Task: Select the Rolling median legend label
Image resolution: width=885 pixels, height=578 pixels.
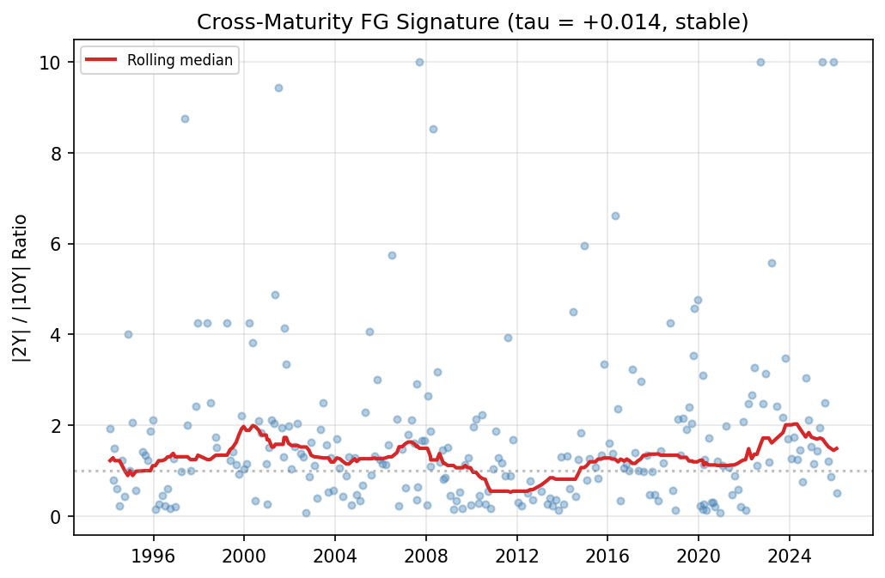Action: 180,60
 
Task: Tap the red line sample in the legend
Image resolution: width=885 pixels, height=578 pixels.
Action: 103,60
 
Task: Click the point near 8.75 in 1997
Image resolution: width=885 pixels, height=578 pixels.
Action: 185,119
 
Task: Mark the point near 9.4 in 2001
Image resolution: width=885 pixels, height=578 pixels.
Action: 278,88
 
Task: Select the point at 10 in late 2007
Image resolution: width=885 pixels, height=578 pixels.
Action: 419,62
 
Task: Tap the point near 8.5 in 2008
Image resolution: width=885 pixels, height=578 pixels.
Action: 433,129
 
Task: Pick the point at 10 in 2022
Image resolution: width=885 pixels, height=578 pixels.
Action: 760,62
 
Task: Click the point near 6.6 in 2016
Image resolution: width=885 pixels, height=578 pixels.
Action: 615,216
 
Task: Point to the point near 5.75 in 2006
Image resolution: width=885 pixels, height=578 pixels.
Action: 392,255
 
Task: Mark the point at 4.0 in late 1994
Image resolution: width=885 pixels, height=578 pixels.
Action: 128,334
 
